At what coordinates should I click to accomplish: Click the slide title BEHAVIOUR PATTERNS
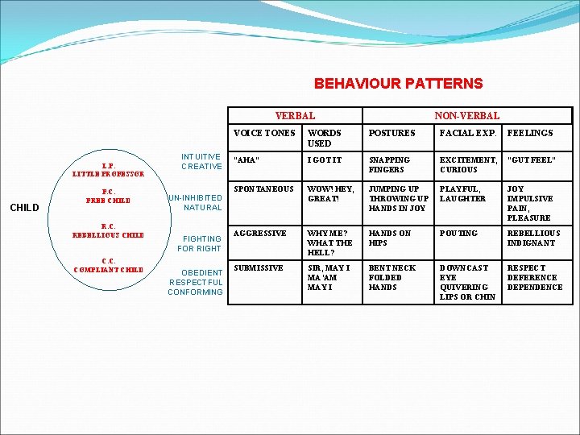pos(398,84)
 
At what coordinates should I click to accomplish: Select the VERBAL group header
pos(295,116)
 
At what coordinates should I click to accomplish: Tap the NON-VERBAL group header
pos(467,116)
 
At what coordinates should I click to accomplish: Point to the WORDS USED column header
pos(325,138)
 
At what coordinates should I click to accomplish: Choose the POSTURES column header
pos(391,133)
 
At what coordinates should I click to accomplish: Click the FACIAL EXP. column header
pos(467,133)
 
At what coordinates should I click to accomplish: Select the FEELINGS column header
pos(530,133)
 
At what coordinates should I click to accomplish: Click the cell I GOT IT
pos(325,159)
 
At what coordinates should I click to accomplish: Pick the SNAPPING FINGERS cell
pos(390,164)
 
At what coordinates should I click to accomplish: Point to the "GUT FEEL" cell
pos(532,159)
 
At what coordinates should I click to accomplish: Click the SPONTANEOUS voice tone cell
pos(263,188)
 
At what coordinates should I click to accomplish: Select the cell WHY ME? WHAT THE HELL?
pos(329,242)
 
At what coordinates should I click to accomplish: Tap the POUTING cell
pos(458,233)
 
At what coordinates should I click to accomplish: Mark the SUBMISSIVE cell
pos(259,267)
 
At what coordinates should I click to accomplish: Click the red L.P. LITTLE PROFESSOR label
pos(108,169)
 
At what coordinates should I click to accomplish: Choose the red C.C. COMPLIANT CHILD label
pos(108,265)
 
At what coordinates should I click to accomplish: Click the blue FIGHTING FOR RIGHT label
pos(201,243)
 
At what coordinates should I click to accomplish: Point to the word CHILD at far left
pos(25,208)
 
